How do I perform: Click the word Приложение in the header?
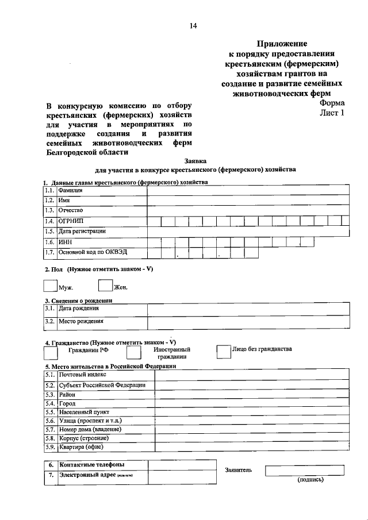tap(282, 44)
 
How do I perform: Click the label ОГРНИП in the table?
tap(71, 221)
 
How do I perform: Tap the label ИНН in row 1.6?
tap(64, 242)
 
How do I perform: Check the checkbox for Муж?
tap(50, 285)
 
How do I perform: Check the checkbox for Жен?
tap(105, 285)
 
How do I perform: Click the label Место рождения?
tap(80, 321)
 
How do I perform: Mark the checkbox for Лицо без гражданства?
tap(223, 351)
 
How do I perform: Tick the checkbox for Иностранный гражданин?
tap(133, 351)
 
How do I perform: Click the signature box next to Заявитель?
tap(304, 470)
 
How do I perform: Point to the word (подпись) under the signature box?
tap(310, 479)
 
